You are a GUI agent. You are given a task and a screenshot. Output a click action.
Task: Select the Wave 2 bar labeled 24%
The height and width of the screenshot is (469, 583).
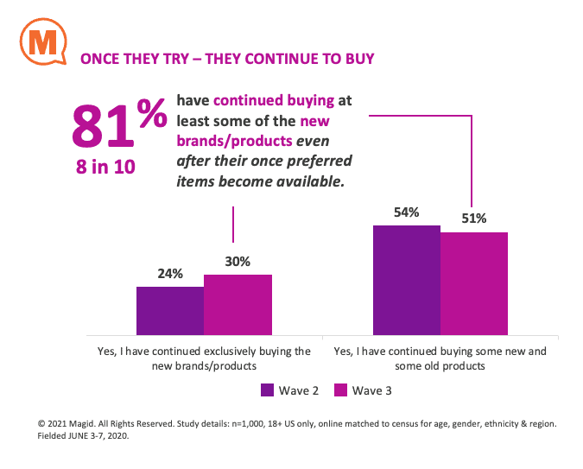(170, 310)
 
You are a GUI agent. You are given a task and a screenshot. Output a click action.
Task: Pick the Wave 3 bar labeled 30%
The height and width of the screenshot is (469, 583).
(238, 304)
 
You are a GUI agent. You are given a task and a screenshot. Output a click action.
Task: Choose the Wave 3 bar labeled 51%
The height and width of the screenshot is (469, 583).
(473, 282)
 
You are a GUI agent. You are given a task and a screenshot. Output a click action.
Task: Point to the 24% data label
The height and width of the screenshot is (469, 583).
(170, 275)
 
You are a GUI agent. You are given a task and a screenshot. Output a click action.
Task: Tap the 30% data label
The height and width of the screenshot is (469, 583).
(238, 262)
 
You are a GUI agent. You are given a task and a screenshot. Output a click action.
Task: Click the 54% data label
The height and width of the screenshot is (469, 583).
(406, 212)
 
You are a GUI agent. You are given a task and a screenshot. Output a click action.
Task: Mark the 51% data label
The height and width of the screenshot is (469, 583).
(473, 219)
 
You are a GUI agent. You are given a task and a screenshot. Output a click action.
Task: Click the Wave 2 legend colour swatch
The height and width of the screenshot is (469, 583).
(267, 390)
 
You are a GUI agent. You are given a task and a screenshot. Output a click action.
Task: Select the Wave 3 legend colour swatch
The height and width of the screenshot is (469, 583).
(339, 390)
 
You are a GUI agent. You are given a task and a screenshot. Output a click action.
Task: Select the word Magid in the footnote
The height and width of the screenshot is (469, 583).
(89, 425)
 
